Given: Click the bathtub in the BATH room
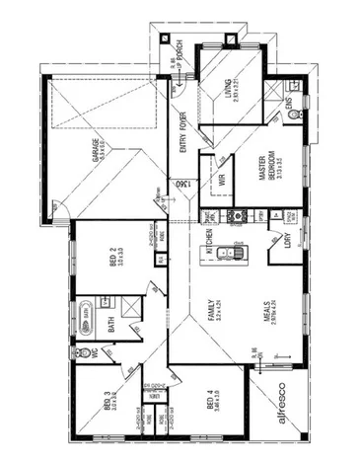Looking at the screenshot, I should click(x=86, y=314).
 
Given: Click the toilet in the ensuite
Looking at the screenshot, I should click(x=292, y=116).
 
